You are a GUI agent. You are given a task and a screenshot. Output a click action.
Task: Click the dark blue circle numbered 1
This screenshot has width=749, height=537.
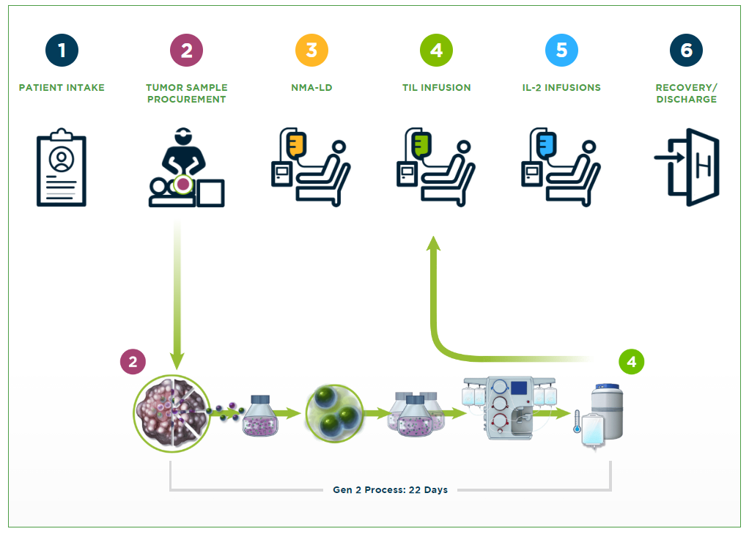[62, 51]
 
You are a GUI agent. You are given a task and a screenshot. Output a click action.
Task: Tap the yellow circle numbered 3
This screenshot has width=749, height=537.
[311, 51]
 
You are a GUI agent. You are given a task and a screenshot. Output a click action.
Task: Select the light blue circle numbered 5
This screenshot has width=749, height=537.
[561, 51]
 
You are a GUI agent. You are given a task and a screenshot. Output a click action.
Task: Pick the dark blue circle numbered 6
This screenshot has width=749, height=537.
[686, 51]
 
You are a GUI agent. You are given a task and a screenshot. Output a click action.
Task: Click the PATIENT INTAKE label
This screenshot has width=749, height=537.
[62, 88]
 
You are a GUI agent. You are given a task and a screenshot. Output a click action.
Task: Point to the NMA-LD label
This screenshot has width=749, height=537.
[311, 88]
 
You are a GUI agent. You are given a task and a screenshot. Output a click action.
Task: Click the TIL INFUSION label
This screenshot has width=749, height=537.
[436, 88]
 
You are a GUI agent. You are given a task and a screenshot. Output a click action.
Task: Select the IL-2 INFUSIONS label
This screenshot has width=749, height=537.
[561, 88]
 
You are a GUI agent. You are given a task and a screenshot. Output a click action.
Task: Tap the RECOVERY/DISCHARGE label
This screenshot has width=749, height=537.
[686, 93]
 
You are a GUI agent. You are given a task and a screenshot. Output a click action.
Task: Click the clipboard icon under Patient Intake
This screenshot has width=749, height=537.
[62, 168]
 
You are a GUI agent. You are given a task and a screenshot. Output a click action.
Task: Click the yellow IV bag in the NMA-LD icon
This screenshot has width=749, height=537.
[297, 144]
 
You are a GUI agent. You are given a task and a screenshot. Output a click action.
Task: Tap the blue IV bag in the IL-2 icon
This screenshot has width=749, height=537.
[547, 144]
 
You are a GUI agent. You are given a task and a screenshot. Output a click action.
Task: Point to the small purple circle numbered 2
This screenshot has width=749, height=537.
[133, 362]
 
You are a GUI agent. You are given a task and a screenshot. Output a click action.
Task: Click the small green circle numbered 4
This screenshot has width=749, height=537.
[631, 362]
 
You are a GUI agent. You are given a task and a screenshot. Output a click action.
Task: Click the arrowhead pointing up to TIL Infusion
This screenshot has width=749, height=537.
[434, 244]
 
